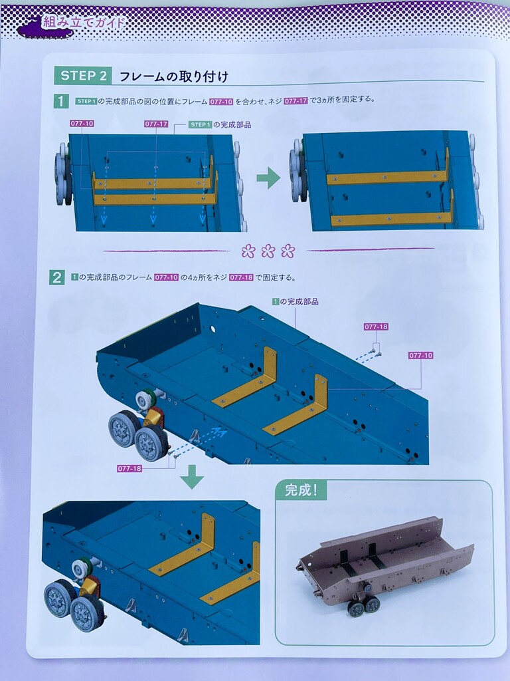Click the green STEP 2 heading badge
pyautogui.click(x=83, y=76)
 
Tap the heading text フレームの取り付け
pyautogui.click(x=173, y=76)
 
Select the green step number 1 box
pyautogui.click(x=60, y=101)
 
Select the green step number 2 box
pyautogui.click(x=57, y=277)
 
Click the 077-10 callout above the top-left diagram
pyautogui.click(x=82, y=124)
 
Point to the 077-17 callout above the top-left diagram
pyautogui.click(x=156, y=124)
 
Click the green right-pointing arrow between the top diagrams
pyautogui.click(x=268, y=178)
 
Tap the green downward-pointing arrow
pyautogui.click(x=192, y=477)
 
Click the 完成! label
pyautogui.click(x=301, y=490)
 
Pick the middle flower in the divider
pyautogui.click(x=268, y=251)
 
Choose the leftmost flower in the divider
pyautogui.click(x=248, y=251)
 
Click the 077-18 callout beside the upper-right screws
pyautogui.click(x=376, y=327)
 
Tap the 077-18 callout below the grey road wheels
pyautogui.click(x=129, y=469)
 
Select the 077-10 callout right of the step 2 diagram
pyautogui.click(x=420, y=355)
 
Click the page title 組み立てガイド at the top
pyautogui.click(x=83, y=23)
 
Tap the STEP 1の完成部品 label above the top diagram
pyautogui.click(x=220, y=124)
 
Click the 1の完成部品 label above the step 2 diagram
pyautogui.click(x=296, y=301)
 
